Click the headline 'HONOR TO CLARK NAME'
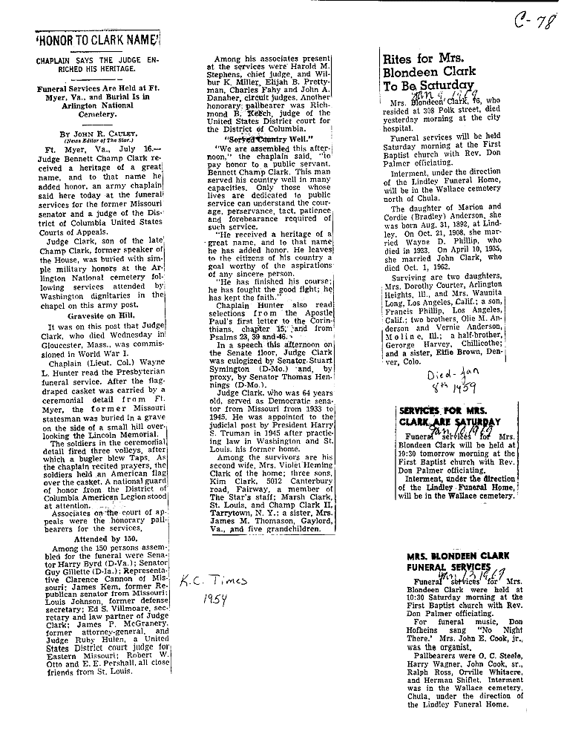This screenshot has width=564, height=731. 99,39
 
